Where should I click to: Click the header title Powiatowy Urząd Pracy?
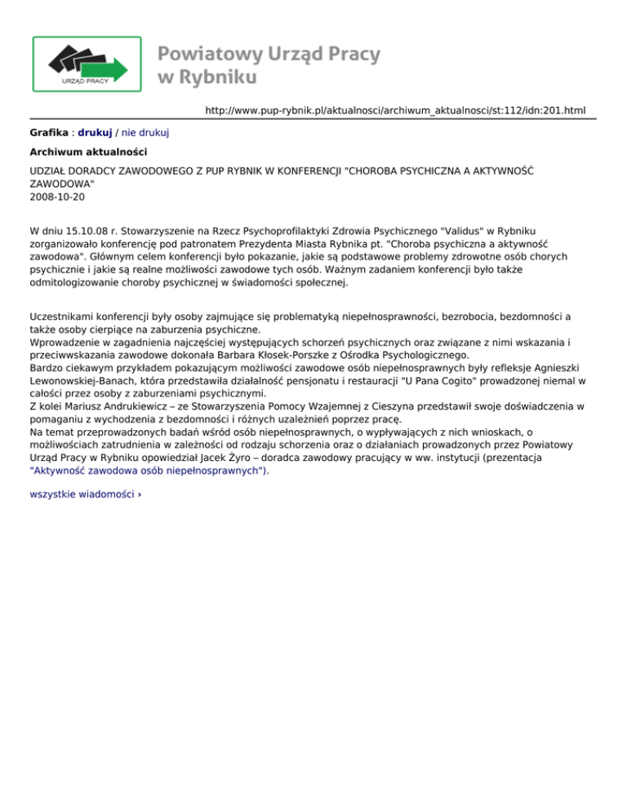[x=269, y=54]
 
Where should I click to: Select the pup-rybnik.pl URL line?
[x=395, y=110]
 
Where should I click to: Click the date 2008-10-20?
[x=56, y=197]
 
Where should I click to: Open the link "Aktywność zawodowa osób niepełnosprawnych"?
[x=149, y=470]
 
